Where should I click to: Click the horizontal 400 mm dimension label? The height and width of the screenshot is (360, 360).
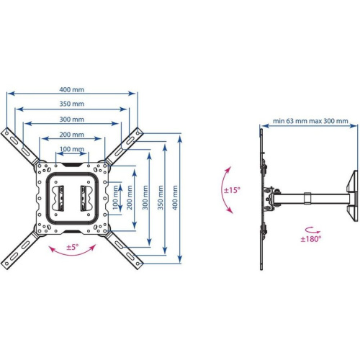coord(72,89)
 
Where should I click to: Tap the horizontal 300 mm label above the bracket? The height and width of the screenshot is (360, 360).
coord(72,119)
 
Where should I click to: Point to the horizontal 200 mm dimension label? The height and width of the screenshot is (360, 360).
coord(71,135)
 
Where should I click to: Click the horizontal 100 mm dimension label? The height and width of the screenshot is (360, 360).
coord(71,149)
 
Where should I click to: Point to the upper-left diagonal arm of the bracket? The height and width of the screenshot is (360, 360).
coord(22,147)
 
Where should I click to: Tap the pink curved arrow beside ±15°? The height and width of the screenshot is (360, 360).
coord(229,189)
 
